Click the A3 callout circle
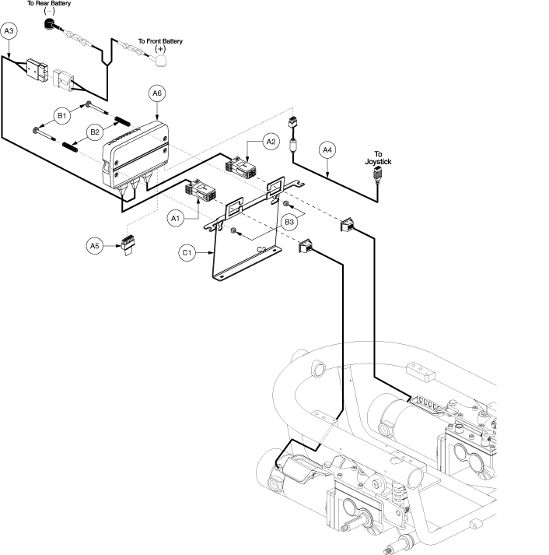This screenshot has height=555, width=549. click(x=9, y=31)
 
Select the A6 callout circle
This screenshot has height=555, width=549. click(x=156, y=93)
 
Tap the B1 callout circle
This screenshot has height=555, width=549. click(x=61, y=118)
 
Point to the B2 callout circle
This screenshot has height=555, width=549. click(x=95, y=132)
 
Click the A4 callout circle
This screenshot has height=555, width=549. click(x=327, y=149)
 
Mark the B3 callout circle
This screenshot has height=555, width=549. click(x=289, y=222)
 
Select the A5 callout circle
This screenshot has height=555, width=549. click(x=95, y=246)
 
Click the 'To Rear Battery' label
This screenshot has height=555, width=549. click(x=49, y=5)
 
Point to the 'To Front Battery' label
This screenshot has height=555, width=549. click(x=160, y=41)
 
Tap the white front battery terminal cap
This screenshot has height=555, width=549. click(x=161, y=58)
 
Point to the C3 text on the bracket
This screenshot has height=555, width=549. click(x=263, y=248)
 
